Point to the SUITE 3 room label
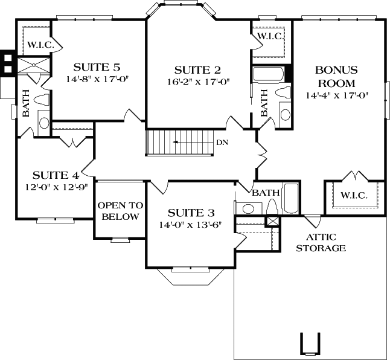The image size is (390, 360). [x=191, y=212]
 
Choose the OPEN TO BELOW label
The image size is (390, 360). [x=120, y=211]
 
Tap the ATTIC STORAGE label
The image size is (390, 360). [x=320, y=242]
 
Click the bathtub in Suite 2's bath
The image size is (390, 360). [x=269, y=74]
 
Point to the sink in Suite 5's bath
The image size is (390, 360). [x=44, y=123]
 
